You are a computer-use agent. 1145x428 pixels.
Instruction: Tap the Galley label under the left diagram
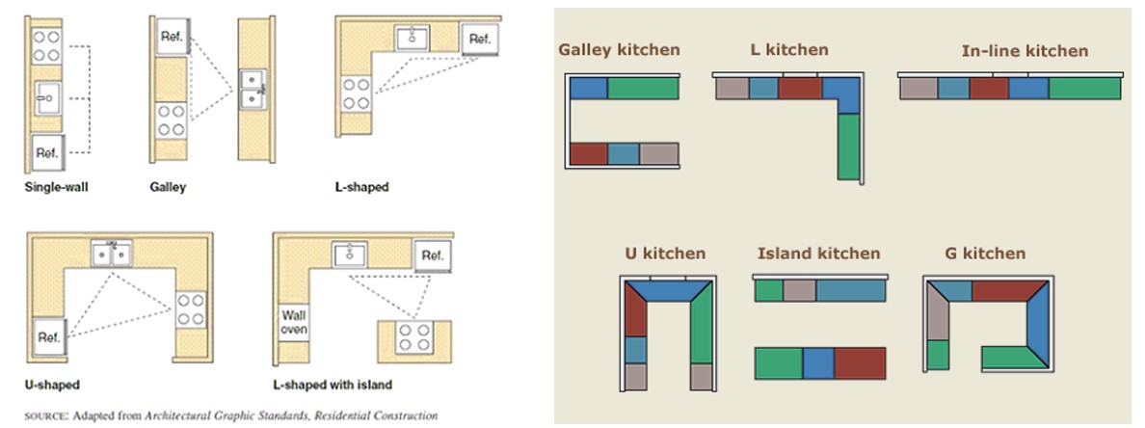tap(168, 187)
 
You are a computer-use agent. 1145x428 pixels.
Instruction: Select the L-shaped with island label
tap(333, 386)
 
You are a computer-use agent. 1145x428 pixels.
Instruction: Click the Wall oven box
tap(294, 322)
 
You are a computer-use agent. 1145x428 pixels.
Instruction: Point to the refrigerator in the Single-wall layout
tap(46, 151)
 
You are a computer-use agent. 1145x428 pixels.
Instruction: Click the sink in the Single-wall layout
tap(46, 97)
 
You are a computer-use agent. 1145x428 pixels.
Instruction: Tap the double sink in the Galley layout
tap(253, 89)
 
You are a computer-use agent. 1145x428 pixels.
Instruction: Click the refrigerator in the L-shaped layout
tap(479, 40)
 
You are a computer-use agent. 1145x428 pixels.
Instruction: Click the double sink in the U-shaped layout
tap(113, 254)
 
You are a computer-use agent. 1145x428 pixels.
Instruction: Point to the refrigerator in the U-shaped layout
tap(48, 337)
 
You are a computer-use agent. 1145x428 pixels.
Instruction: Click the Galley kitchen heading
tap(619, 50)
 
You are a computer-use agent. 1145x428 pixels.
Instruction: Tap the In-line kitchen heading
tap(1025, 51)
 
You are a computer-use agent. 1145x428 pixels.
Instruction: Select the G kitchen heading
tap(986, 254)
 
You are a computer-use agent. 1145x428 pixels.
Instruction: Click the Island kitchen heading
tap(818, 254)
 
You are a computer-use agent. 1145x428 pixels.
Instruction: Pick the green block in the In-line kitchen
tap(1084, 89)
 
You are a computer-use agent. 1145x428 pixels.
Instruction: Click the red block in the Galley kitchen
tap(589, 153)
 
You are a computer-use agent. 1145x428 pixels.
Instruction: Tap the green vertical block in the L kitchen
tap(847, 147)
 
